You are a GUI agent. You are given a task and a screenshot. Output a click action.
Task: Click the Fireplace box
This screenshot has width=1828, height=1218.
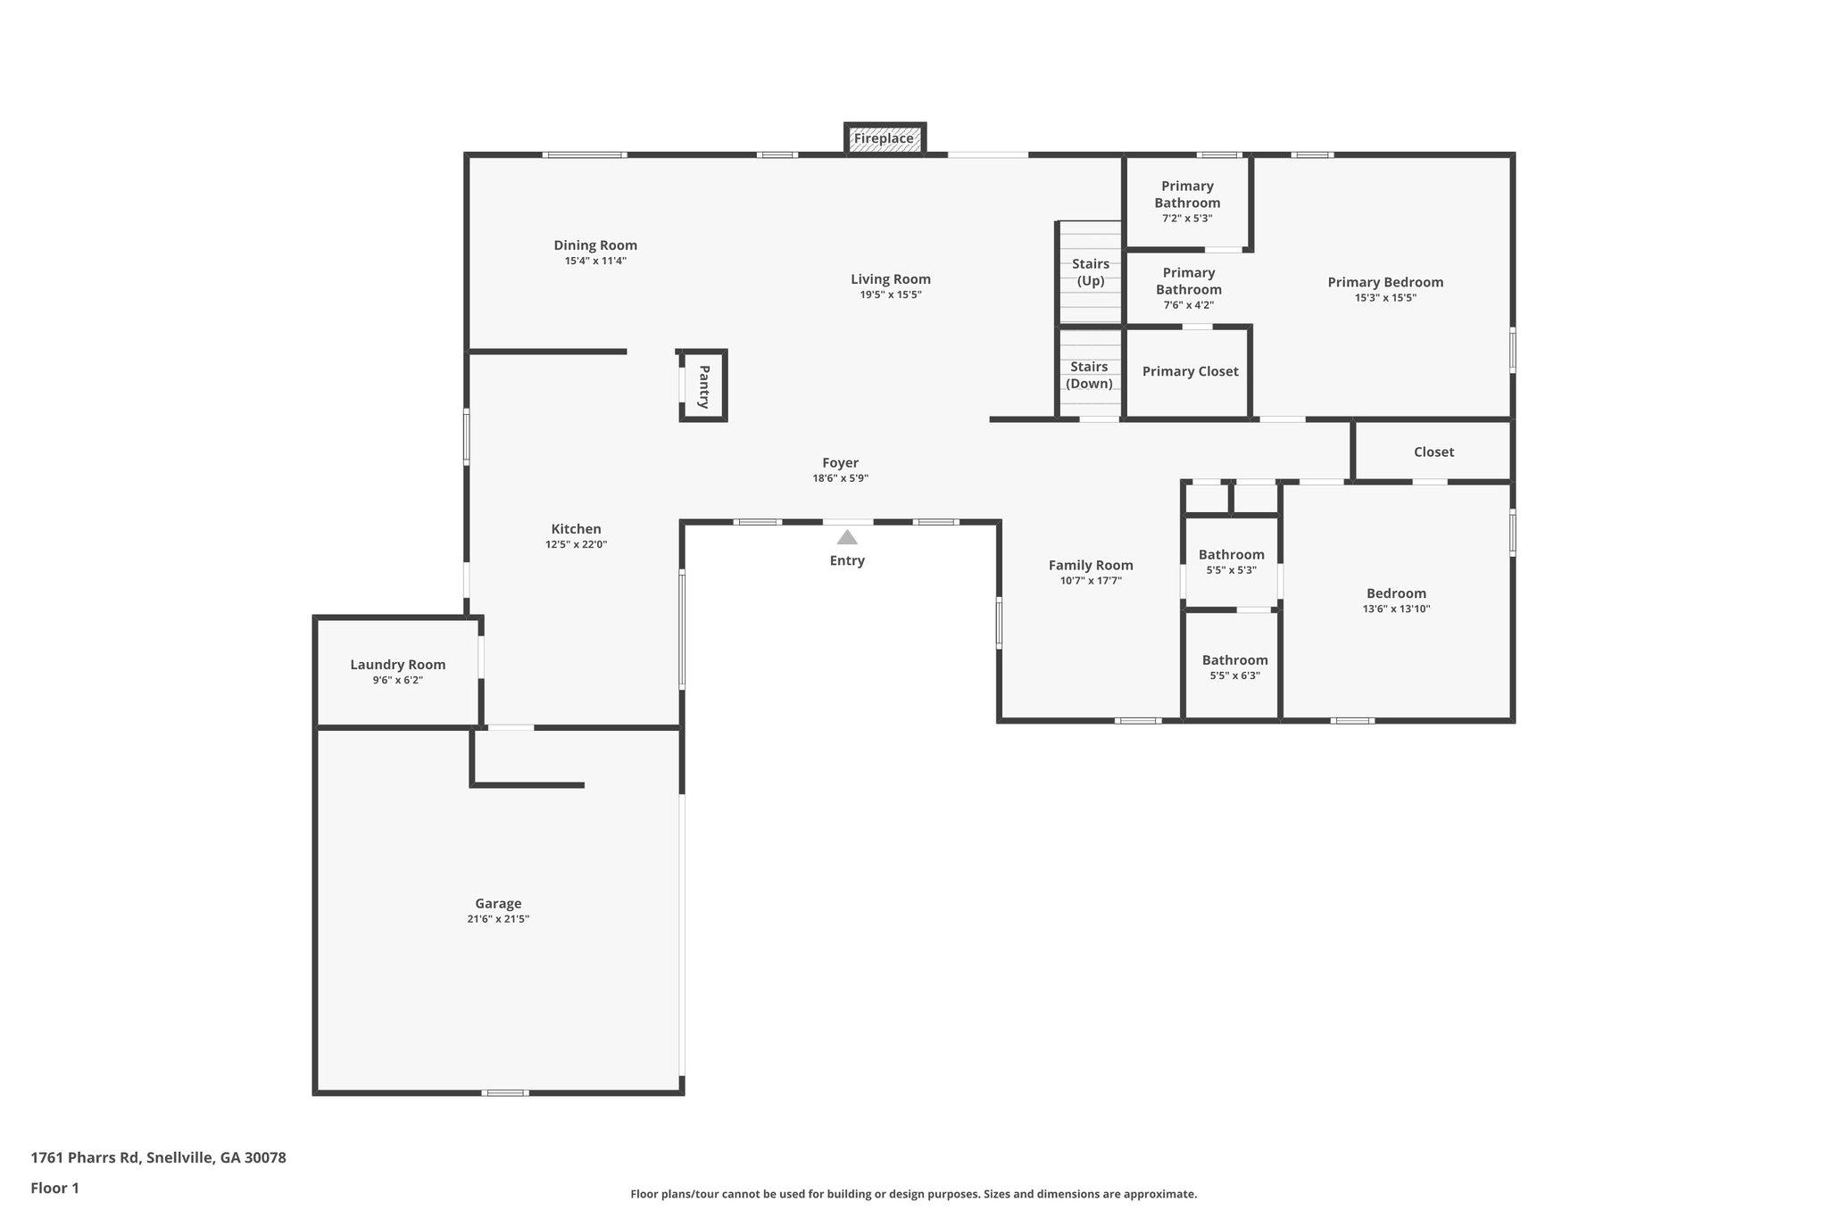click(x=884, y=139)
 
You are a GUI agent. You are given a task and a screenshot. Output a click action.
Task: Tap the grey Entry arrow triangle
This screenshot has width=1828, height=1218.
click(x=847, y=538)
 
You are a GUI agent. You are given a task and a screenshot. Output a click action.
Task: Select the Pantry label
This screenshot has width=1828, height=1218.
click(x=703, y=386)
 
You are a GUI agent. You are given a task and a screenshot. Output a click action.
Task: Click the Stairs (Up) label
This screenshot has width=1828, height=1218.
click(x=1090, y=272)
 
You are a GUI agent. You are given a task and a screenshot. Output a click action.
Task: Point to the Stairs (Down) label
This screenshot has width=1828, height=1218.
click(x=1089, y=375)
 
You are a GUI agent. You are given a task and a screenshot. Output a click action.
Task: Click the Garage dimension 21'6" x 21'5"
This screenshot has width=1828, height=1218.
click(x=498, y=919)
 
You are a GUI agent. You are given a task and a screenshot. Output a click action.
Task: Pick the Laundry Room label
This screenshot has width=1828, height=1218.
click(x=397, y=665)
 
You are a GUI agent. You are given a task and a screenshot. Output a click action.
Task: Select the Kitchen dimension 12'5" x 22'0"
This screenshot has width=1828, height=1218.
click(x=576, y=544)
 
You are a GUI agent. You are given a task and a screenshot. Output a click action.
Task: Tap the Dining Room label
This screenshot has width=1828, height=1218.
click(x=595, y=245)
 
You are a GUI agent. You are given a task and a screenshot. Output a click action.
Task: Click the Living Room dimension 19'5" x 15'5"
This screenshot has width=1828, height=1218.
click(x=890, y=294)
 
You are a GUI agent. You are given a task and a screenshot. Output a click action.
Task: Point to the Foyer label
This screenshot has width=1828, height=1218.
click(x=840, y=463)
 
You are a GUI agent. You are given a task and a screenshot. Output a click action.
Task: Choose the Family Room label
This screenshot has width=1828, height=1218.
click(x=1090, y=565)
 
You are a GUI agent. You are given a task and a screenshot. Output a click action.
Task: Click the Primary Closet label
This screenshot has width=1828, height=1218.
click(x=1190, y=371)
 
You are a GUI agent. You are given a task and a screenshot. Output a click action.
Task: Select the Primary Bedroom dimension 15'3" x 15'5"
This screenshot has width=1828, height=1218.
click(x=1384, y=298)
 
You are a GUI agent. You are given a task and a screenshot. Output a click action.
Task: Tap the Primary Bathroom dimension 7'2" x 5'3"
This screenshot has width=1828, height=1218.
click(x=1186, y=219)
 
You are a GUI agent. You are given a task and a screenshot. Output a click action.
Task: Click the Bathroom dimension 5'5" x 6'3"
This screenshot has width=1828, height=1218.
click(x=1234, y=676)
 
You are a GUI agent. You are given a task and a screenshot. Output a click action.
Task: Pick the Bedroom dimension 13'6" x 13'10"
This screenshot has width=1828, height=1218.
click(x=1396, y=609)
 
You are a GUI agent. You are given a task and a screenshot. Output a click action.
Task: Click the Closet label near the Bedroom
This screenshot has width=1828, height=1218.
click(x=1433, y=452)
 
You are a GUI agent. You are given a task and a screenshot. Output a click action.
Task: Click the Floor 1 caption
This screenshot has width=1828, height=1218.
click(x=54, y=1189)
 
